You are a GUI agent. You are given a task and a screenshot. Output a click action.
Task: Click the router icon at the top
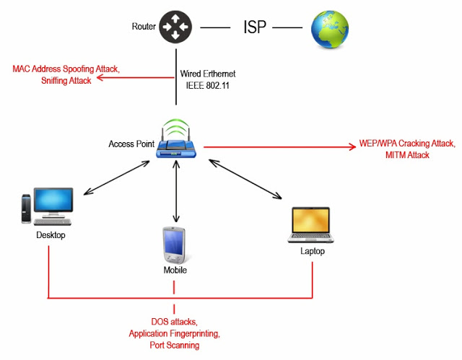click(175, 27)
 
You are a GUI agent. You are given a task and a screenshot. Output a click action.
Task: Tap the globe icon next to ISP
click(329, 28)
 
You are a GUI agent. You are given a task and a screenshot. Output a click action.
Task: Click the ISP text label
click(255, 28)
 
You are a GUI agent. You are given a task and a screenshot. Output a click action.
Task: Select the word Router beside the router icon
click(144, 27)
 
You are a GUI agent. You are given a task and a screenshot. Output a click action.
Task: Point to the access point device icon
click(175, 141)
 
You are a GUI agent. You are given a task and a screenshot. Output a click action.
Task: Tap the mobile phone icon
click(174, 246)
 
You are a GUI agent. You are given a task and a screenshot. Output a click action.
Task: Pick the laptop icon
click(311, 226)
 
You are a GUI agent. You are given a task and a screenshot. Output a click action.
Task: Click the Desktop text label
click(51, 236)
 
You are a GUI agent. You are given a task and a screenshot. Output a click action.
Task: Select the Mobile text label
click(174, 271)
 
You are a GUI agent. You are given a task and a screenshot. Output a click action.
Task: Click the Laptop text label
click(313, 252)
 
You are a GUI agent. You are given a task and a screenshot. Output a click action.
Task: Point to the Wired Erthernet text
click(207, 74)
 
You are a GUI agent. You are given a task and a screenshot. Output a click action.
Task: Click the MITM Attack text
click(407, 155)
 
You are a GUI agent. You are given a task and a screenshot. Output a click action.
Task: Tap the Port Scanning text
click(174, 346)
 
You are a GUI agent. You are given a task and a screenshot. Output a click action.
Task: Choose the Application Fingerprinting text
click(174, 334)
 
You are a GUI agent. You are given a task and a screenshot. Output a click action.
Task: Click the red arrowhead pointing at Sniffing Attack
click(100, 80)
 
